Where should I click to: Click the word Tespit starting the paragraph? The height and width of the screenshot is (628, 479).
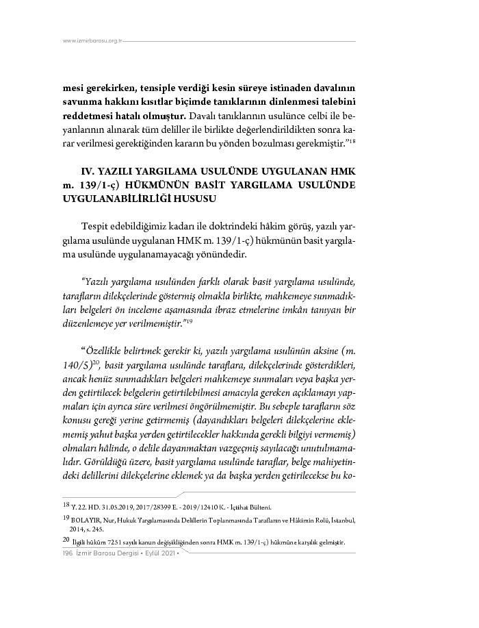[95, 226]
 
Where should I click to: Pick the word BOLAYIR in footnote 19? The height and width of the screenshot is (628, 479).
[84, 520]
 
